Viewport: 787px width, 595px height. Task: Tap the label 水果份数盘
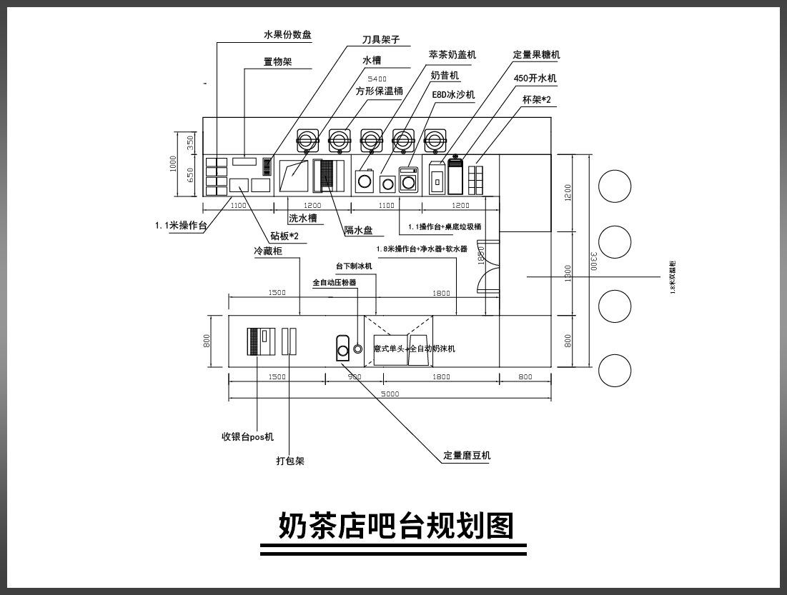pos(287,35)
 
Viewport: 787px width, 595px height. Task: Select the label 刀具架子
pos(380,41)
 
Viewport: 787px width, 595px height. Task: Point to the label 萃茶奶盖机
pos(452,54)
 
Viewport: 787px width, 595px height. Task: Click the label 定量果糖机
pos(536,55)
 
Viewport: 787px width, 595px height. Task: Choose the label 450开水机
pos(535,78)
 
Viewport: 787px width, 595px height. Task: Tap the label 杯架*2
pos(536,100)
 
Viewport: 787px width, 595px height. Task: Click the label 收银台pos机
pos(247,436)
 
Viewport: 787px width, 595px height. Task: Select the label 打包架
pos(290,461)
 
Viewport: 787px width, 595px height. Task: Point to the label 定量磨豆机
pos(467,456)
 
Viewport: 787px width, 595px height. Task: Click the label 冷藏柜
pos(267,251)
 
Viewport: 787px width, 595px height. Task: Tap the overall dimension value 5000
pos(390,394)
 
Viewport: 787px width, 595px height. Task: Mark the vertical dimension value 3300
pos(593,261)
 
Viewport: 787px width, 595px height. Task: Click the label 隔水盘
pos(358,230)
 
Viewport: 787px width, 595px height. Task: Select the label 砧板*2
pos(284,236)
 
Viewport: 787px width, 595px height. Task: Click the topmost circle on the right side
pos(615,187)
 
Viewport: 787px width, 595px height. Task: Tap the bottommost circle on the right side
pos(615,371)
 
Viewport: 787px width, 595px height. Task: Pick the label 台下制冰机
pos(354,266)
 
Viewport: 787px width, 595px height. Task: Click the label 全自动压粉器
pos(334,283)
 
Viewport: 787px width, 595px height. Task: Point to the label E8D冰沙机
pos(453,94)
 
